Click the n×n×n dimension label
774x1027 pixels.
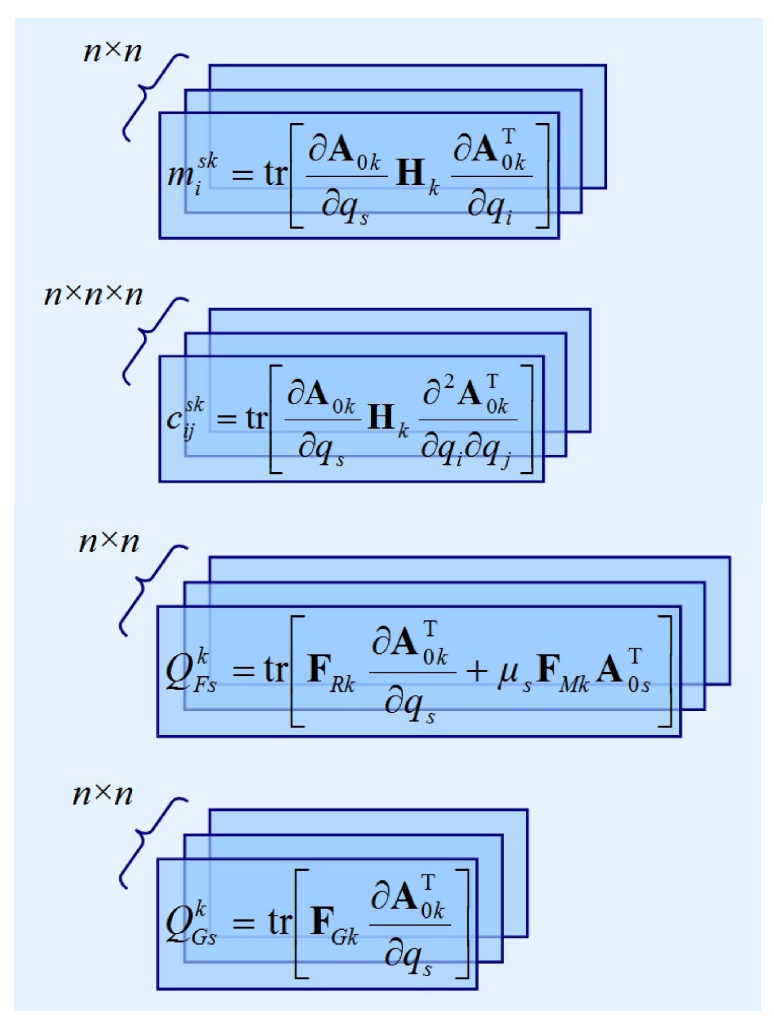point(93,295)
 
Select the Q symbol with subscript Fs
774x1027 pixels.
point(179,672)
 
